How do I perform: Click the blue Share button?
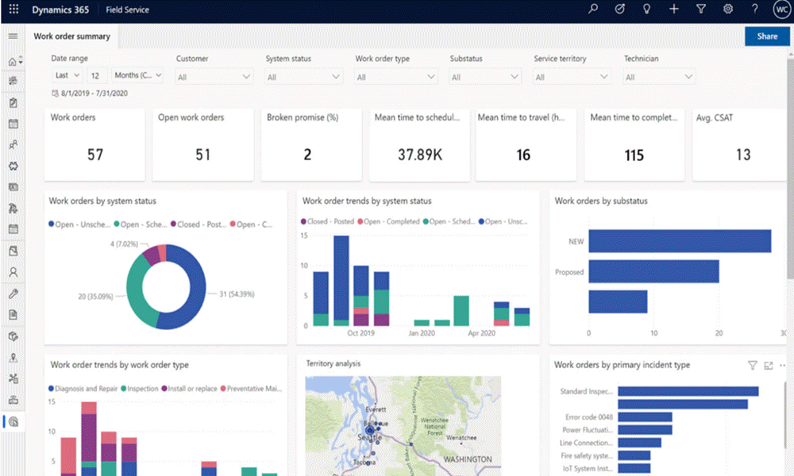(767, 36)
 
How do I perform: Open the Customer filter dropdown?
(214, 77)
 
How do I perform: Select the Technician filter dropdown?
(659, 77)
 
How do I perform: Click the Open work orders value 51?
(203, 155)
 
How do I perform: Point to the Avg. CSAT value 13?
(742, 155)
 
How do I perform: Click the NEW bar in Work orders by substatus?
(680, 241)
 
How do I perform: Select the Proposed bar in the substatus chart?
(653, 272)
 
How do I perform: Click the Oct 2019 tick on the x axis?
(360, 333)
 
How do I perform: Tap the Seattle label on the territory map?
(370, 437)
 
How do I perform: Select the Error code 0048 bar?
(645, 417)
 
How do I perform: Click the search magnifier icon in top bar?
(592, 10)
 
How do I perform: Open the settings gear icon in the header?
(727, 10)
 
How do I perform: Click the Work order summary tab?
(71, 36)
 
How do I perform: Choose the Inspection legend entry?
(140, 389)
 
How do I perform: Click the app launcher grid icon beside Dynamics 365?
(13, 10)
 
